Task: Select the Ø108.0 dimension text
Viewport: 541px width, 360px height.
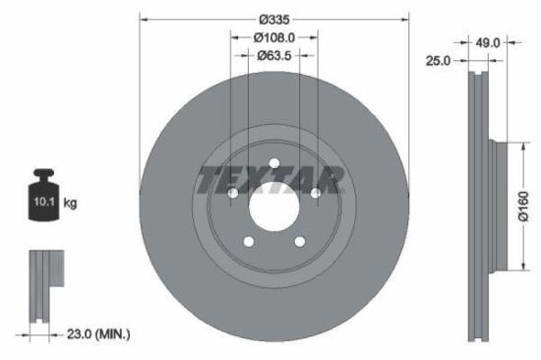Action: [x=273, y=38]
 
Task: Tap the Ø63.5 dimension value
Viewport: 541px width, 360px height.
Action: [x=273, y=56]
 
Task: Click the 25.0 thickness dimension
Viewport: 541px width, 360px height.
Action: [x=438, y=60]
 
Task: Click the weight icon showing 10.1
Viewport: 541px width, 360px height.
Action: [x=42, y=201]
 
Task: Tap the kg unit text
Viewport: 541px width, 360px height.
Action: [x=70, y=204]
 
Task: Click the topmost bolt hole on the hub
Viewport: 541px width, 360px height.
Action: [x=273, y=162]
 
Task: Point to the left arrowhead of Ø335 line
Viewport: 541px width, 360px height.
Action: [x=143, y=19]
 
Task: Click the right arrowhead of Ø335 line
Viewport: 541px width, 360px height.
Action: [x=404, y=19]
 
